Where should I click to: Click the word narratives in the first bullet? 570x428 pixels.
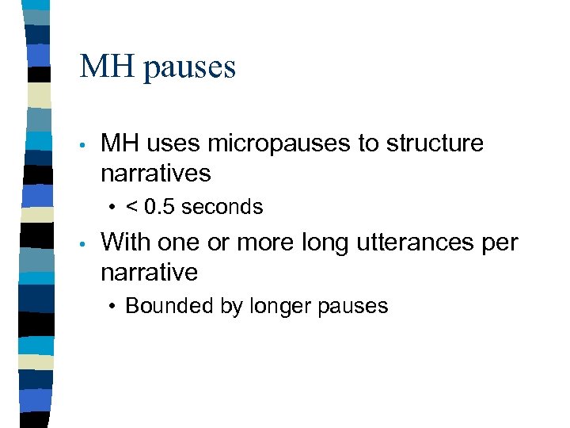tap(156, 173)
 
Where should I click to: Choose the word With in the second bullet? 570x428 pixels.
tap(125, 242)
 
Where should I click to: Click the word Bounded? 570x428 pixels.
tap(161, 306)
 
